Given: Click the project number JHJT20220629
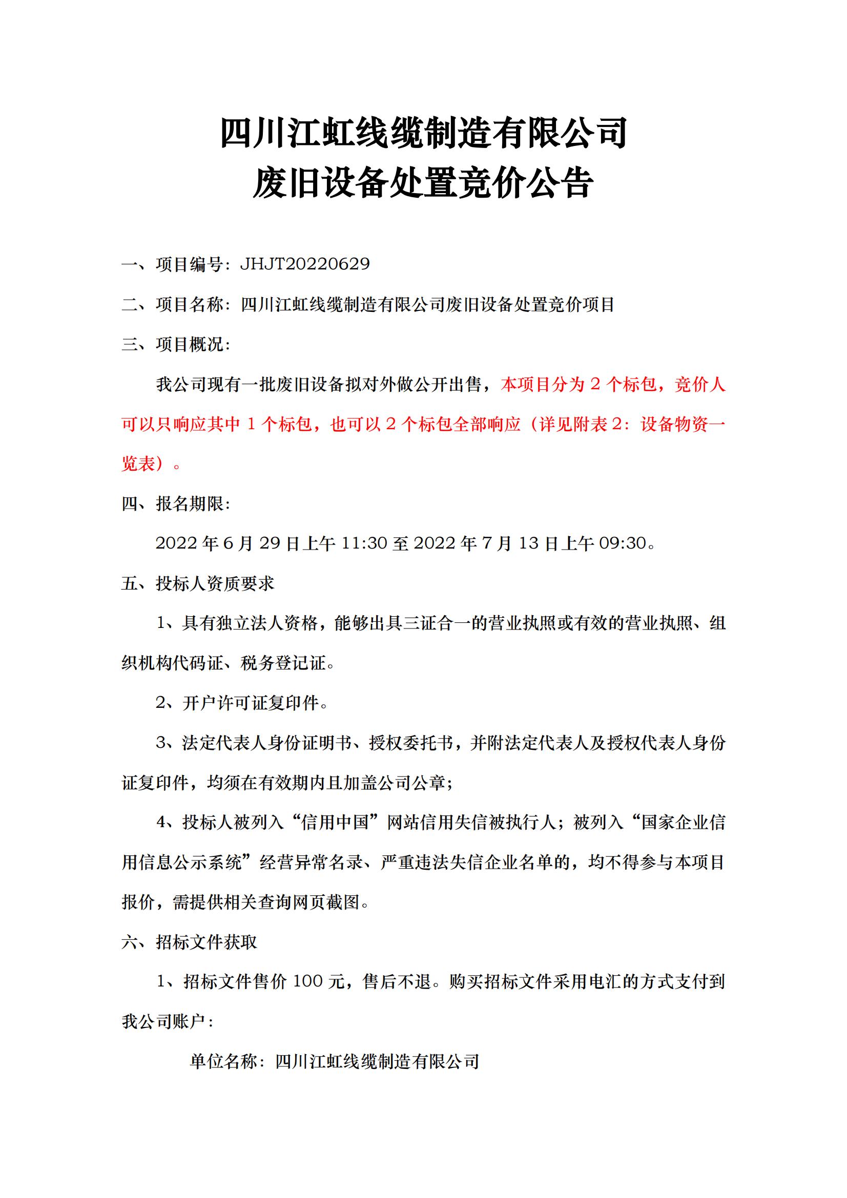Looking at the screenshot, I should pyautogui.click(x=305, y=264).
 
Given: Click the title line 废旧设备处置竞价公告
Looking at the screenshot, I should pyautogui.click(x=423, y=183).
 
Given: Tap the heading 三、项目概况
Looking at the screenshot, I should pyautogui.click(x=176, y=344).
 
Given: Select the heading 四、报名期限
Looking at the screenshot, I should pyautogui.click(x=176, y=503).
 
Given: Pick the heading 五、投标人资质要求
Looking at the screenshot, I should pyautogui.click(x=198, y=583).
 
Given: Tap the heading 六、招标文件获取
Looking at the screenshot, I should pyautogui.click(x=189, y=942).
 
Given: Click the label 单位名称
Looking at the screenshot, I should pyautogui.click(x=224, y=1061).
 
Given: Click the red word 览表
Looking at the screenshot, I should pyautogui.click(x=139, y=464).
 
